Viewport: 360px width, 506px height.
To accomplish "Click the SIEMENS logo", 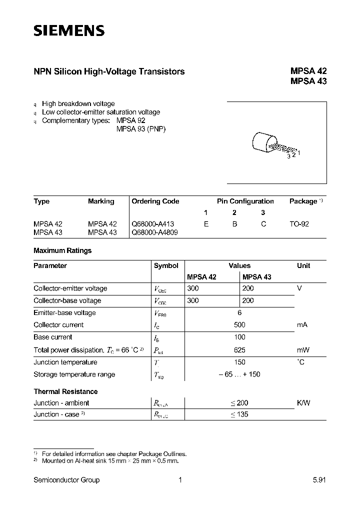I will (69, 31).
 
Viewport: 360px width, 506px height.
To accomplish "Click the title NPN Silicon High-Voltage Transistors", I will (109, 71).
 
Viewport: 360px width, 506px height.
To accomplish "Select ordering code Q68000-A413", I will (152, 224).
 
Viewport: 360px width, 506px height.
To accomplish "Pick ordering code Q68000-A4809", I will (154, 232).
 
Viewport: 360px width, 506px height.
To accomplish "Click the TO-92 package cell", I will (299, 224).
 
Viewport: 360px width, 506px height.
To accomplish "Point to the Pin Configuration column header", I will (245, 201).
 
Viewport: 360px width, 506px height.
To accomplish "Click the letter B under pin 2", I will (234, 224).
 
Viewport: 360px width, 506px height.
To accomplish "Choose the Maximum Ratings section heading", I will (62, 250).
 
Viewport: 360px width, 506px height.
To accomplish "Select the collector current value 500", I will (239, 325).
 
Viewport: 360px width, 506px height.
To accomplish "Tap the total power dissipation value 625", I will (239, 350).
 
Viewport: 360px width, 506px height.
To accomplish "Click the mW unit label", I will (303, 350).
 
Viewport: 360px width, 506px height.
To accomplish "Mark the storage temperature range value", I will (239, 374).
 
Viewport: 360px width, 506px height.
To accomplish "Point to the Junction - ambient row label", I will (61, 403).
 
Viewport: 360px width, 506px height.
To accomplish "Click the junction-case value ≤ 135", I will (239, 414).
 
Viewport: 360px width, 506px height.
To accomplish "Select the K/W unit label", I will (303, 403).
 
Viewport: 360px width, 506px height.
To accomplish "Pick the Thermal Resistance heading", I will (65, 391).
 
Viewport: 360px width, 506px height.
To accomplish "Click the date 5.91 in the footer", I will (319, 480).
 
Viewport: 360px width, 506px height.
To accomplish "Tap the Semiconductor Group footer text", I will (66, 480).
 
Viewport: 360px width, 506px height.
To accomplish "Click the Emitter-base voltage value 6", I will (239, 312).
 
